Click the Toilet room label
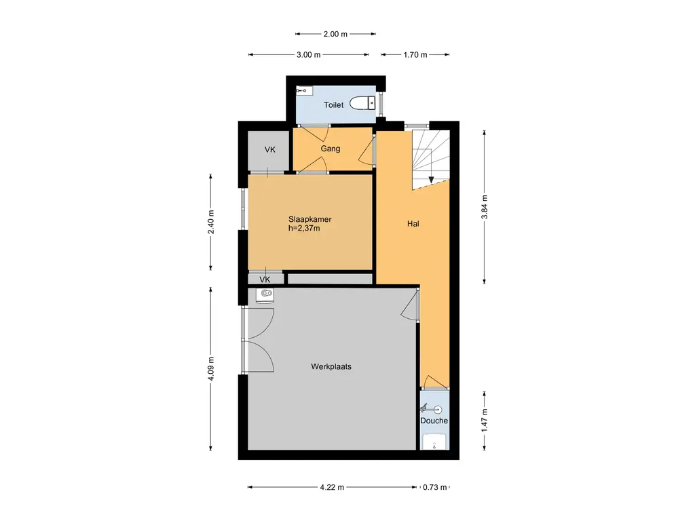pos(333,105)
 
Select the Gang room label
pos(331,149)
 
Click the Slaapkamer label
pos(309,219)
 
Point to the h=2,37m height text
pos(304,229)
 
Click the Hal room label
pos(413,224)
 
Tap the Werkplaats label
pos(331,367)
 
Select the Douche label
pos(434,421)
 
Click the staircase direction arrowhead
pos(431,180)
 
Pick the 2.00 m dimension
pos(335,34)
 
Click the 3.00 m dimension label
pos(309,55)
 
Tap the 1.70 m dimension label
pos(415,55)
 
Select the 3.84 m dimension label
pos(485,207)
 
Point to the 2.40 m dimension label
pos(210,222)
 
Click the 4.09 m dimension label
pos(210,368)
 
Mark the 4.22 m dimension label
pos(332,487)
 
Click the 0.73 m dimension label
pos(435,487)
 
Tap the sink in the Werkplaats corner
pos(265,296)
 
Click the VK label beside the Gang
pos(270,150)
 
